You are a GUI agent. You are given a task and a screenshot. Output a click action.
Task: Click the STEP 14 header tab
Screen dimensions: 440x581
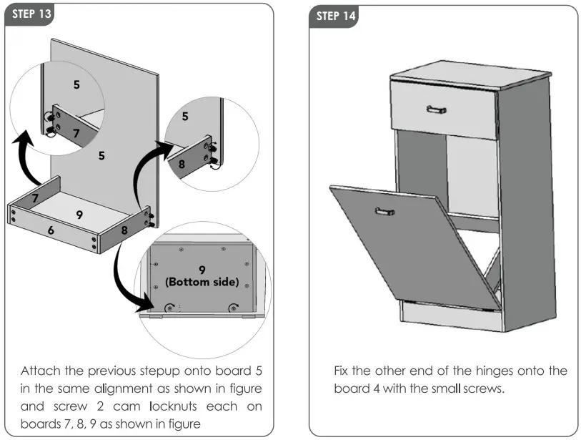334,16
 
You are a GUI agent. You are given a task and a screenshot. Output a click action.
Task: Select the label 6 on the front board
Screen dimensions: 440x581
51,230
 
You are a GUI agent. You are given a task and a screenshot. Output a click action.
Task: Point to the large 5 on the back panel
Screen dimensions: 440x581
101,155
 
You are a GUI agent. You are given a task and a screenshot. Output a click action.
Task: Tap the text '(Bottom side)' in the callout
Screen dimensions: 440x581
202,282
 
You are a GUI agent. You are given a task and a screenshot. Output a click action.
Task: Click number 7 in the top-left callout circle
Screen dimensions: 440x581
77,133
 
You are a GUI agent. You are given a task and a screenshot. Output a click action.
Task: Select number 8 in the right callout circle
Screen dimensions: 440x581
182,164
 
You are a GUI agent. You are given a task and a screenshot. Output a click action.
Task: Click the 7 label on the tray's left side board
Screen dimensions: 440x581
34,197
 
